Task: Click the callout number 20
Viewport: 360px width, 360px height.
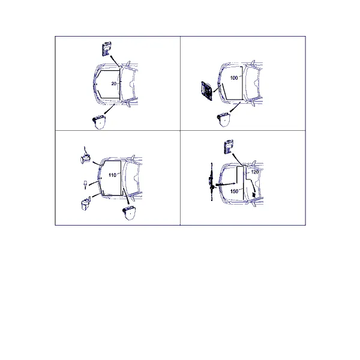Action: coord(113,84)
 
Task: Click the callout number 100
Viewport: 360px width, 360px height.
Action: coord(234,78)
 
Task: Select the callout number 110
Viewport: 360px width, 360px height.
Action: coord(112,175)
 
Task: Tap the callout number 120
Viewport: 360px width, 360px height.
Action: coord(255,172)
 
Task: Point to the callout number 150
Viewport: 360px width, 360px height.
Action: coord(234,191)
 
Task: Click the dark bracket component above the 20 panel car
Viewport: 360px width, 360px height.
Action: coord(106,48)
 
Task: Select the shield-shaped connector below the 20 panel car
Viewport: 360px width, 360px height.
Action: coord(99,122)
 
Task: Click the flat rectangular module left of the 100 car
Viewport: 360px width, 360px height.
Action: coord(207,91)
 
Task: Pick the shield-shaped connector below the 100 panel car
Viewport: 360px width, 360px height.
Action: coord(224,119)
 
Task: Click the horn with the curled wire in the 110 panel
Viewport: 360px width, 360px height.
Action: coord(85,157)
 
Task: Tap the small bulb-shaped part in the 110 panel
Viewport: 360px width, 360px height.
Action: coord(85,185)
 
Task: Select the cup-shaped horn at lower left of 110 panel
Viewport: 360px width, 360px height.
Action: coord(85,203)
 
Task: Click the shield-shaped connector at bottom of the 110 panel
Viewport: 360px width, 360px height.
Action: coord(129,213)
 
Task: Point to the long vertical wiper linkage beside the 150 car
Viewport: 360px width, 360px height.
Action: coord(211,182)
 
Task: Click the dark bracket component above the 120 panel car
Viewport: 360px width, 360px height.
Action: coord(229,146)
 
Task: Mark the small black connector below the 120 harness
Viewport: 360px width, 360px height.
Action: coord(254,195)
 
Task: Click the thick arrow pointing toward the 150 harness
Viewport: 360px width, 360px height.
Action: coord(226,184)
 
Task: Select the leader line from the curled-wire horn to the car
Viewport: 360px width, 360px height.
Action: coord(97,164)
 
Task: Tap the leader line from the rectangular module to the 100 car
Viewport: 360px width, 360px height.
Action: coord(217,88)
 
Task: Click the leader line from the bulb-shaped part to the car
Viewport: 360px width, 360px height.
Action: coord(93,184)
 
